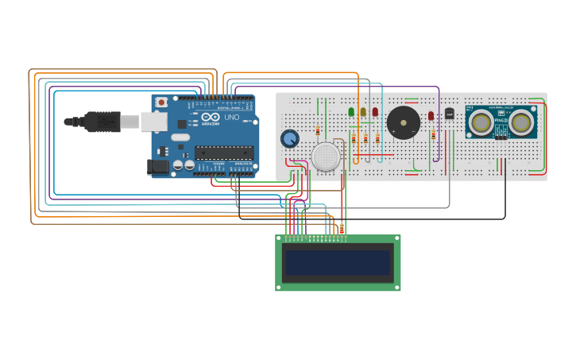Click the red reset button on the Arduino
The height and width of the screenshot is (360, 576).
click(x=161, y=102)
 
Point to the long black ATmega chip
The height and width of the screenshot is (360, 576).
click(x=224, y=152)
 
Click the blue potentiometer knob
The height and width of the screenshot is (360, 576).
click(x=290, y=139)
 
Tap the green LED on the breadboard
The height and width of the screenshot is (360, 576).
click(x=351, y=112)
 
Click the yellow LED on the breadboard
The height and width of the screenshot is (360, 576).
click(x=363, y=112)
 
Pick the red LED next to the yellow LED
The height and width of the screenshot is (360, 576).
click(x=375, y=112)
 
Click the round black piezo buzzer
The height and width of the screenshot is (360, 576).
click(x=403, y=123)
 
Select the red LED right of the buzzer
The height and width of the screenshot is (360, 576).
click(x=431, y=115)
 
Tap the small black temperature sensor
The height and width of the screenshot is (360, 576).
click(x=449, y=114)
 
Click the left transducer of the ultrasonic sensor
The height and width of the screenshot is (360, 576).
click(x=480, y=122)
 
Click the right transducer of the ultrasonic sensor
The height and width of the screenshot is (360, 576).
click(x=521, y=122)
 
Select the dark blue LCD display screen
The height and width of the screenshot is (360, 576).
click(x=338, y=262)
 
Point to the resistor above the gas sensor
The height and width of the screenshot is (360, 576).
click(x=318, y=130)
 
